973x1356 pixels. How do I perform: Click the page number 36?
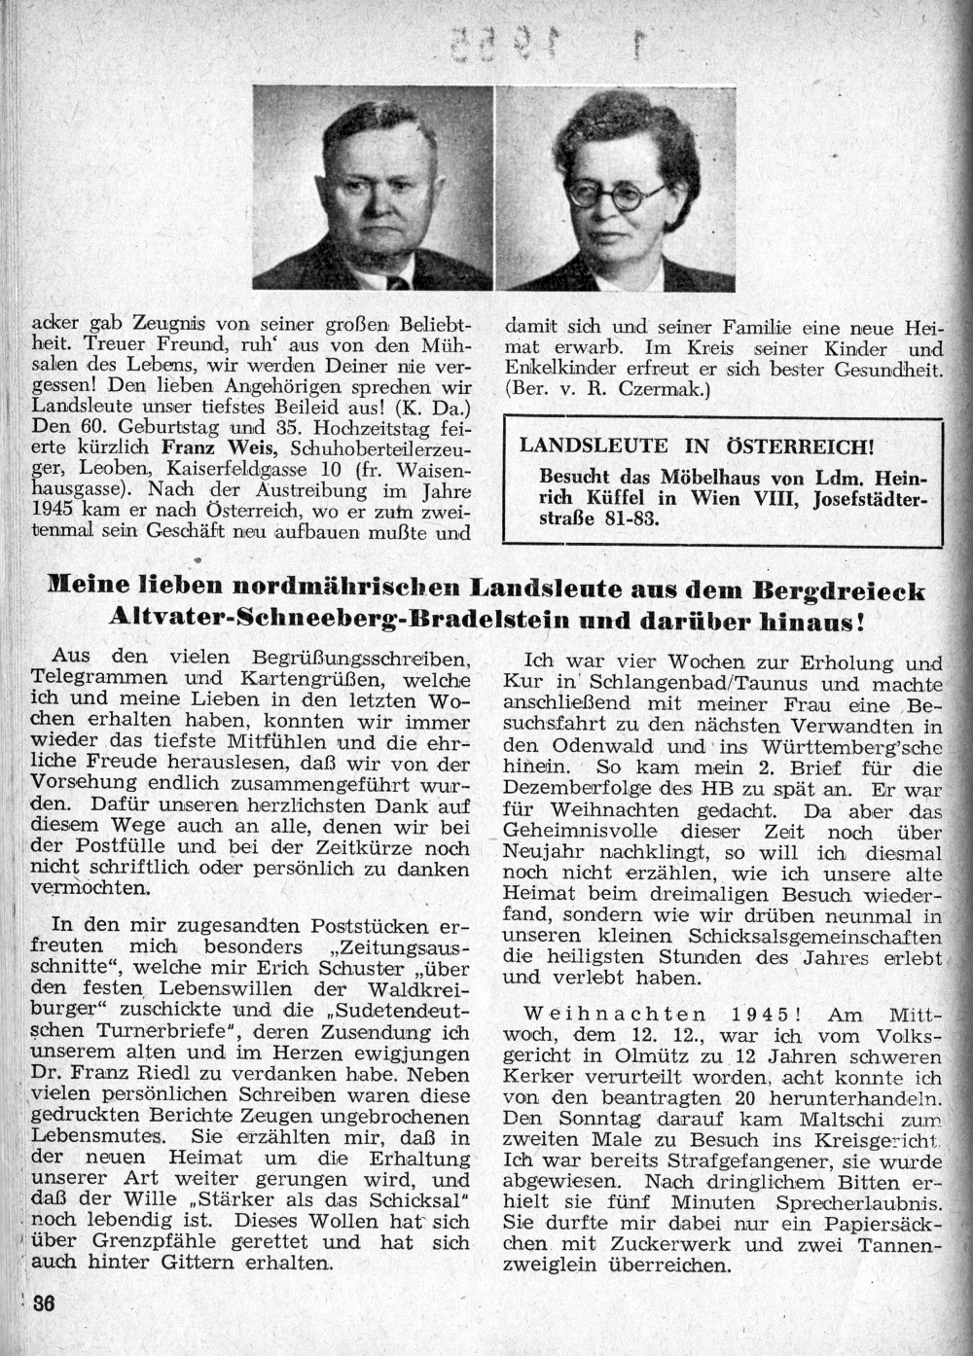tap(46, 1303)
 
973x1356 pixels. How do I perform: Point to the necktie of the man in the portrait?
tap(397, 283)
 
